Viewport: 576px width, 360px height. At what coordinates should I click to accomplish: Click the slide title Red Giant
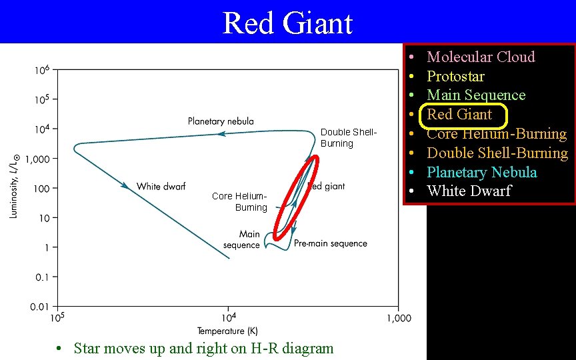tap(287, 23)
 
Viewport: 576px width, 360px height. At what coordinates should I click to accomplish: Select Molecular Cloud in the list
tap(481, 57)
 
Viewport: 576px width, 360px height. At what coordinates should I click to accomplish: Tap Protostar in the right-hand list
tap(455, 77)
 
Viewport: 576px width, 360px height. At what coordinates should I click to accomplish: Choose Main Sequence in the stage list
tap(476, 95)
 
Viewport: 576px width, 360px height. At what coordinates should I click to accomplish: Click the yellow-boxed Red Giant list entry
tap(459, 115)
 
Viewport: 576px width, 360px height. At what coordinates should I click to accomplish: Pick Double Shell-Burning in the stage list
tap(497, 153)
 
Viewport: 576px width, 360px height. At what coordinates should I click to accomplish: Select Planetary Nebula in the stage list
tap(481, 173)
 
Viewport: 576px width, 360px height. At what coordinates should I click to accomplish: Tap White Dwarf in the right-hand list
tap(469, 191)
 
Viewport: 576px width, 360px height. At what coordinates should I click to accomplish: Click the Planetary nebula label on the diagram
tap(221, 121)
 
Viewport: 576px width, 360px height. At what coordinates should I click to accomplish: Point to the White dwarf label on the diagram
tap(161, 187)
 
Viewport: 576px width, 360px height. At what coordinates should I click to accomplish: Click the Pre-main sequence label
tap(331, 244)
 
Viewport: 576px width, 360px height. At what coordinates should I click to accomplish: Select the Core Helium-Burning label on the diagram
tap(239, 201)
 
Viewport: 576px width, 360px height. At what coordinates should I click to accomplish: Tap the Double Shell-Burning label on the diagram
tap(348, 138)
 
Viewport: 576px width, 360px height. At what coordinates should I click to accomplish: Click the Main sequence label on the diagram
tap(242, 240)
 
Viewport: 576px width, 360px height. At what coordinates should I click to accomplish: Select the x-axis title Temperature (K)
tap(227, 331)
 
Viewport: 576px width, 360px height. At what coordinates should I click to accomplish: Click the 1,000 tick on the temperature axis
tap(398, 319)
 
